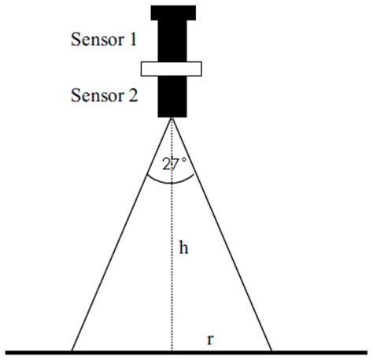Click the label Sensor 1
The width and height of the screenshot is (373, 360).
click(104, 39)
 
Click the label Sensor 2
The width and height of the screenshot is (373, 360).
click(104, 96)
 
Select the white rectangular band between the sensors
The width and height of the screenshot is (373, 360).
click(172, 69)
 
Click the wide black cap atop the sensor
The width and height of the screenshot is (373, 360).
click(172, 13)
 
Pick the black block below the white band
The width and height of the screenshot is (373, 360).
click(172, 96)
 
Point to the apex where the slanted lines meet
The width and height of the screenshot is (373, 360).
click(172, 118)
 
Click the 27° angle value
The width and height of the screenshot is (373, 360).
click(174, 164)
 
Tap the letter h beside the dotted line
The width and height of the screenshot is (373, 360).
click(183, 248)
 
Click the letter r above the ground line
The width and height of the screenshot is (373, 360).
click(210, 340)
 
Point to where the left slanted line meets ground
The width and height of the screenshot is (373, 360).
click(72, 351)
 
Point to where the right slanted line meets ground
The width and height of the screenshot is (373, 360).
click(271, 351)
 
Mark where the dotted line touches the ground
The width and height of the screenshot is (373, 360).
click(172, 351)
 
